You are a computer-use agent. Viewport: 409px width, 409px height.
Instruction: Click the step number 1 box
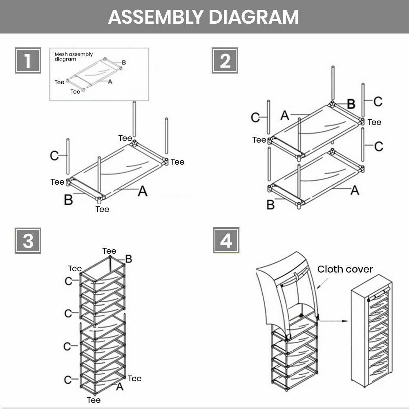[28, 61]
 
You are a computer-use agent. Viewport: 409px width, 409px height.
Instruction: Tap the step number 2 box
[225, 61]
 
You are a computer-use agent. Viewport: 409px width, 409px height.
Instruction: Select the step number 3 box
[28, 241]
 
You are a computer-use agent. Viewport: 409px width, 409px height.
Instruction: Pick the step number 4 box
[226, 241]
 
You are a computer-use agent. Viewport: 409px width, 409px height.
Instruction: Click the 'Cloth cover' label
[345, 269]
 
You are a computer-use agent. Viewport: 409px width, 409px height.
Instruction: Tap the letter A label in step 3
[119, 386]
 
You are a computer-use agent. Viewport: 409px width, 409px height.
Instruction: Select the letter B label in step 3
[128, 259]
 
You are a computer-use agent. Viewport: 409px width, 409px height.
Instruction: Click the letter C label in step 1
[54, 156]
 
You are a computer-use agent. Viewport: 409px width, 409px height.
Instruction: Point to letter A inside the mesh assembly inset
[110, 82]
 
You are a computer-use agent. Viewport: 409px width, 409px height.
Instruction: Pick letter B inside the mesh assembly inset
[124, 63]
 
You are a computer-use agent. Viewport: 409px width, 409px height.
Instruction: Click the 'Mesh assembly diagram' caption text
[74, 57]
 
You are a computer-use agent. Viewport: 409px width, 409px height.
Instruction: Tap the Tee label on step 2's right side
[374, 122]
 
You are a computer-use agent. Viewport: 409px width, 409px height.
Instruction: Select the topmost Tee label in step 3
[109, 251]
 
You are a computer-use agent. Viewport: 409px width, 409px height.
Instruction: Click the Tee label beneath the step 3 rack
[94, 400]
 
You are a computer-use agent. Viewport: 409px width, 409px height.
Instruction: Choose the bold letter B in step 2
[351, 104]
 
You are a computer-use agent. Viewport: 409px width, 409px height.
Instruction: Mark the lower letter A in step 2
[355, 190]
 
